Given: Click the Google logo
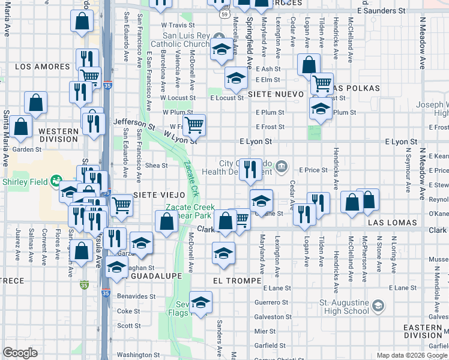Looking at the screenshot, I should [x=20, y=353].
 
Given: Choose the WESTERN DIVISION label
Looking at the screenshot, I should [x=58, y=135].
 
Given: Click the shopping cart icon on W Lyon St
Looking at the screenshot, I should [x=194, y=125].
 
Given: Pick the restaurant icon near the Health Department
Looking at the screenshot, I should [x=250, y=169].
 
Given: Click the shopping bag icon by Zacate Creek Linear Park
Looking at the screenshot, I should [x=166, y=221].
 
